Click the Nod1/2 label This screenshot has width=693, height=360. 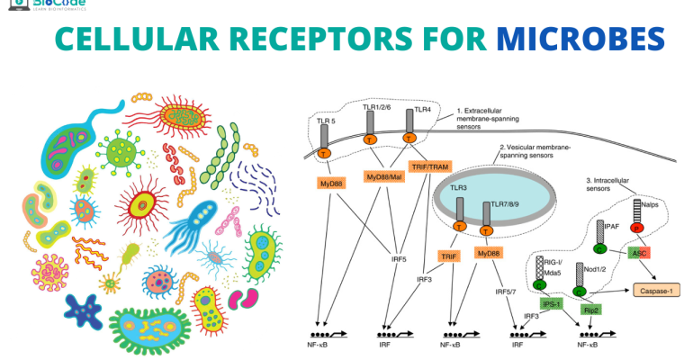[594, 267]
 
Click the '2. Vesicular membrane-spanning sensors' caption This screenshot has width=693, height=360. [540, 151]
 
